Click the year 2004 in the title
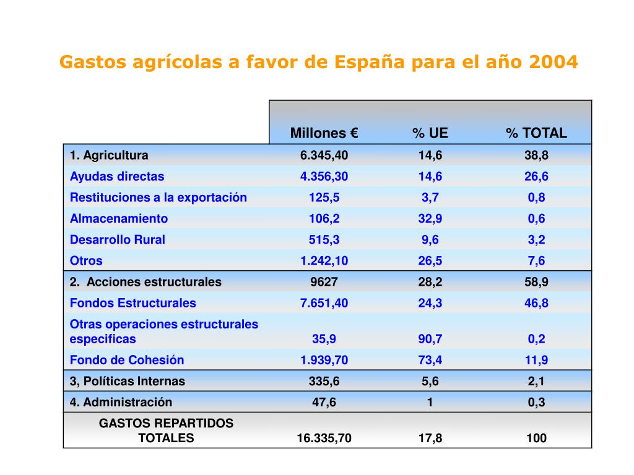pos(554,62)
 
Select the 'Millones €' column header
pos(324,133)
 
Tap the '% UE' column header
pos(430,133)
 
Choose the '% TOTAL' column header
pos(536,133)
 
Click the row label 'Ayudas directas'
pos(117,176)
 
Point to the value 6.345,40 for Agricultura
pos(324,155)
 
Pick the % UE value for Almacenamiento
pos(430,218)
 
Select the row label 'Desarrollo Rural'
pos(118,239)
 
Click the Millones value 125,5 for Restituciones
pos(324,197)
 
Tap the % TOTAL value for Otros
pos(536,260)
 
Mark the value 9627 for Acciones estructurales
pos(324,282)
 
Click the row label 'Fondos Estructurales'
pos(133,303)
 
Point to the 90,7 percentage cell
pos(430,339)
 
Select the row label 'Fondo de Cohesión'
pos(127,360)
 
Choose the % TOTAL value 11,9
pos(536,360)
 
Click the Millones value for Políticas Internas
pos(324,381)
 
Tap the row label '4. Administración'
pos(121,402)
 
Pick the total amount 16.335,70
pos(324,438)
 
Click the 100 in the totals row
pos(536,438)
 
